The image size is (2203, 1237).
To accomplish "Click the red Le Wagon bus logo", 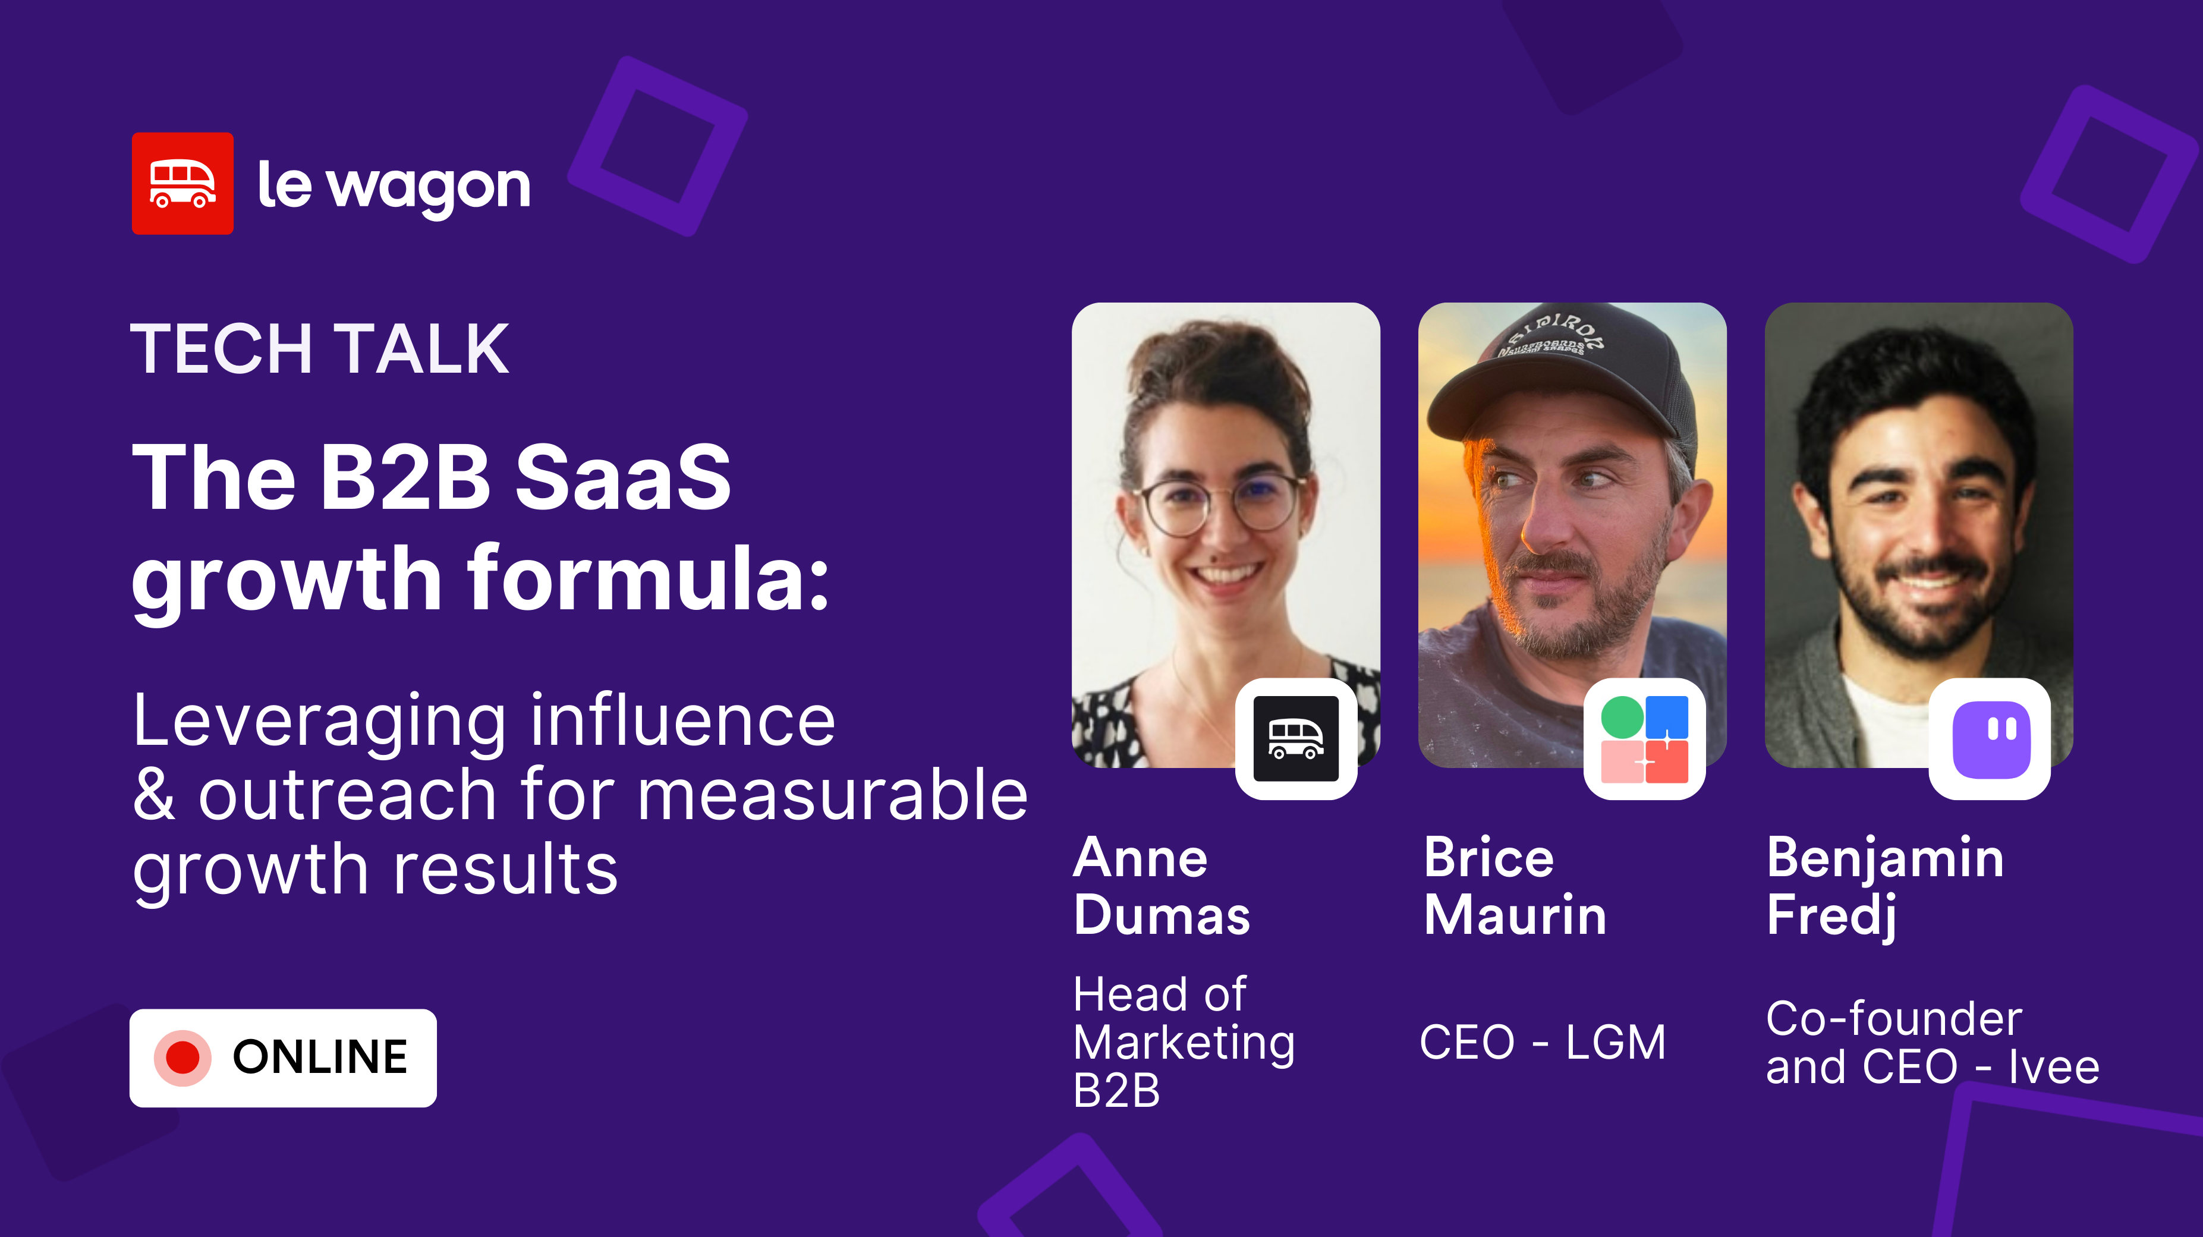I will tap(182, 183).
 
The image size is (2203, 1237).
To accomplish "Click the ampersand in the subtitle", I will tap(154, 795).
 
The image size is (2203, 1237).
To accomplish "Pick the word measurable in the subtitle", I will tap(832, 795).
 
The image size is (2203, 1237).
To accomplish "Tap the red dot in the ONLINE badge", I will tap(182, 1057).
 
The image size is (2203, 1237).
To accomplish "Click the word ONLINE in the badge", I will tap(320, 1057).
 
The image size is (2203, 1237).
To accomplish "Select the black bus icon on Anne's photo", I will tap(1296, 738).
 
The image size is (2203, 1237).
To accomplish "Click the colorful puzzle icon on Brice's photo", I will tap(1644, 739).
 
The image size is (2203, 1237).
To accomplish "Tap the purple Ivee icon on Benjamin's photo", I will tap(1990, 739).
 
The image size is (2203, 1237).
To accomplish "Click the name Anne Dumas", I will tap(1162, 886).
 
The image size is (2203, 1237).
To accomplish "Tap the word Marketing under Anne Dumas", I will tap(1184, 1043).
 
